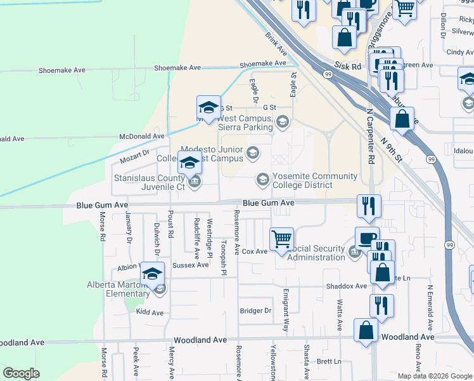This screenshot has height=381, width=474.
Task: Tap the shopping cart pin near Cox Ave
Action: pos(281,240)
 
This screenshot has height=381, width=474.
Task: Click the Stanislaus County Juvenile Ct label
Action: pos(149,183)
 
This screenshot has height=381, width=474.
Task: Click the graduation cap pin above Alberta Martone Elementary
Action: pos(152,274)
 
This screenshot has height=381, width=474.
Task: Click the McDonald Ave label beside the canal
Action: pos(143,137)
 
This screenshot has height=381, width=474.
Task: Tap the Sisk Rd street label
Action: pos(348,66)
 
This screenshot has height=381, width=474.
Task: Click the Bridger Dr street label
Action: pos(255,311)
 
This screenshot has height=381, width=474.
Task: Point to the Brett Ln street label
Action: pos(329,361)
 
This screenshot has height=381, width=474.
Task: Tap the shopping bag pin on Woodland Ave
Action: pos(366,331)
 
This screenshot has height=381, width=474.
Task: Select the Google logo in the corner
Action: pos(21,373)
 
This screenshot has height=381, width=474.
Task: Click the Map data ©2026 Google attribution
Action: pos(434,376)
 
